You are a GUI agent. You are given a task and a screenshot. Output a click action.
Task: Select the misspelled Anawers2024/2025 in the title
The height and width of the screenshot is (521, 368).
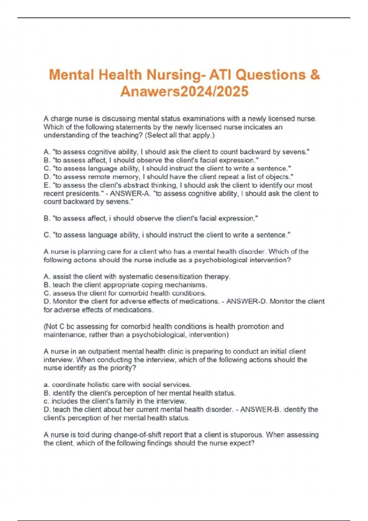(184, 92)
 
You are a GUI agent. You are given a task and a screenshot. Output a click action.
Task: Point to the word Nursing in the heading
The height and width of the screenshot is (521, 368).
(174, 75)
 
